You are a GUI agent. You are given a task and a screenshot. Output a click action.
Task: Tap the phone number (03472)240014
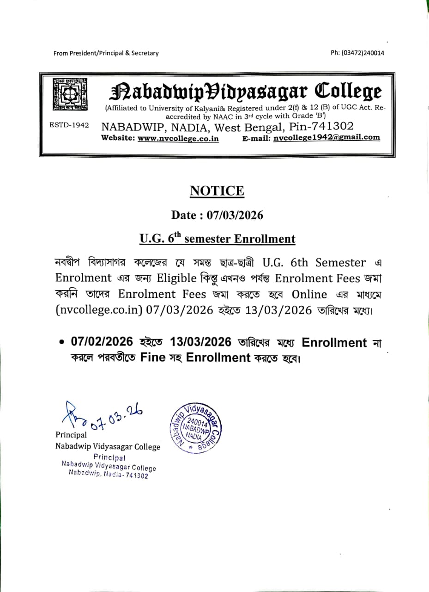coord(357,53)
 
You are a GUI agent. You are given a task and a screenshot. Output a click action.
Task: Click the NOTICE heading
coord(217,191)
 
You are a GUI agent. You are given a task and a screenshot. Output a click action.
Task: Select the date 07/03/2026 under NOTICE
coord(235,215)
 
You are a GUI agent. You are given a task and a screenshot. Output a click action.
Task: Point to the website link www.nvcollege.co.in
coord(178,138)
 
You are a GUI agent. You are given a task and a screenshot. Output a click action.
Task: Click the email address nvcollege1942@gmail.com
coord(326,137)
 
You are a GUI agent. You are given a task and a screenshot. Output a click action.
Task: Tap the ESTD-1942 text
coord(69,126)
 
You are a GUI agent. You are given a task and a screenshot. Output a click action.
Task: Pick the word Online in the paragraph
coord(309,295)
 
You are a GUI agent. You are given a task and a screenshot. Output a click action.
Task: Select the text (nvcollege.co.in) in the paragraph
coord(98,310)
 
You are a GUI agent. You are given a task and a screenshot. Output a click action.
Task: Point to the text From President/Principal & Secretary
coord(106,53)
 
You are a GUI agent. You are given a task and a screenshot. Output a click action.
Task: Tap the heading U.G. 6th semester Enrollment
coord(217,239)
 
